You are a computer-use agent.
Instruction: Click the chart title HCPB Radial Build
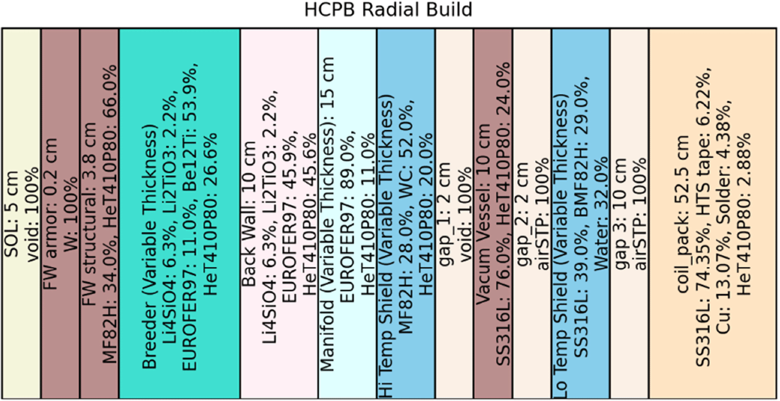point(388,10)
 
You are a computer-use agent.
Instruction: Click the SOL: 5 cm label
point(12,214)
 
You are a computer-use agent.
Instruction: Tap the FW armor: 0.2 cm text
point(51,214)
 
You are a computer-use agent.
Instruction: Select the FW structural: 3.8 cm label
point(89,214)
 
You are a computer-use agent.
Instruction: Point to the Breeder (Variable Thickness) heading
point(150,249)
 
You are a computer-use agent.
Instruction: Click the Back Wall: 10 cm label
point(249,214)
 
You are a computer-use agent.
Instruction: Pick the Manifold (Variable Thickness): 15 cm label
point(327,214)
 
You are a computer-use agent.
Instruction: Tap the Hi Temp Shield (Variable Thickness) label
point(385,246)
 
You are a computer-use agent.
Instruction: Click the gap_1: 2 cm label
point(444,214)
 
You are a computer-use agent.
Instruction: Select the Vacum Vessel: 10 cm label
point(483,214)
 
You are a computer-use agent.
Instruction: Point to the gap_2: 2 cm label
point(522,214)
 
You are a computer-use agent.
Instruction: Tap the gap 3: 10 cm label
point(620,214)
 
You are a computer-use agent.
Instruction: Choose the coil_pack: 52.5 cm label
point(683,214)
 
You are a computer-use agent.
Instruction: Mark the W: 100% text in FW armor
point(71,214)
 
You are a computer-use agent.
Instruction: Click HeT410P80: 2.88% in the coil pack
point(744,214)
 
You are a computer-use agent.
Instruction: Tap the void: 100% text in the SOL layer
point(32,214)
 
